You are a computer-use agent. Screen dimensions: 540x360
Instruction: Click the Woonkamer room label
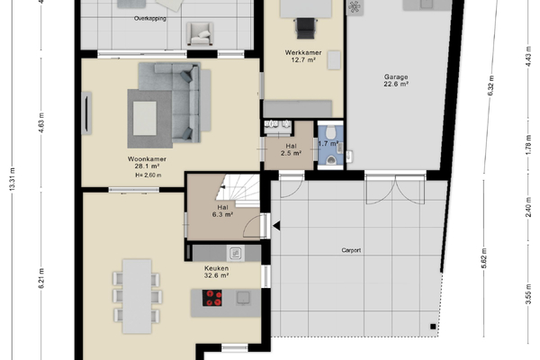tap(147, 159)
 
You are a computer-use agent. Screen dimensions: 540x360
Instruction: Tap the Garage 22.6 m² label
tap(396, 80)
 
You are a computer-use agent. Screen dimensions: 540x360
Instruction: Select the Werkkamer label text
tap(303, 53)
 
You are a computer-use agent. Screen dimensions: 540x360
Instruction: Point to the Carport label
tap(351, 250)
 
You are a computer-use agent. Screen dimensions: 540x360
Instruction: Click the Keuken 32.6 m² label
tap(217, 272)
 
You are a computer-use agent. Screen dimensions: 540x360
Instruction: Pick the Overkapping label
tap(150, 19)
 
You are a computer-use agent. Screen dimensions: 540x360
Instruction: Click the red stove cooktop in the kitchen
tap(211, 298)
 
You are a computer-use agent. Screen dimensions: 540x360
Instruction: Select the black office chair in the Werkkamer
tap(305, 28)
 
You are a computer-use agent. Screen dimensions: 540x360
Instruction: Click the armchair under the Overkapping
tap(200, 34)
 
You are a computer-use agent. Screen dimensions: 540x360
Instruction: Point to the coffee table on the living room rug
tap(145, 118)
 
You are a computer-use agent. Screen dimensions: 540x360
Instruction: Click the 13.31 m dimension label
tap(13, 179)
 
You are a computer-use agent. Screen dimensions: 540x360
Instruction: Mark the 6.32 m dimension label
tap(491, 85)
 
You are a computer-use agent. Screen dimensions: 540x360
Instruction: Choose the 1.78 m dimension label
tap(529, 145)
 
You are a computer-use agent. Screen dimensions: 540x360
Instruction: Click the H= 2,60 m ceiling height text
tap(148, 175)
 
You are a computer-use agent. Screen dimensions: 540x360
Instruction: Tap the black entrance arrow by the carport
tap(276, 226)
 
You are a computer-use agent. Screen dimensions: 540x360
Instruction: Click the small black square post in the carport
tap(433, 327)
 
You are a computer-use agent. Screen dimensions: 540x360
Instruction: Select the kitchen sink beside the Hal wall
tap(236, 254)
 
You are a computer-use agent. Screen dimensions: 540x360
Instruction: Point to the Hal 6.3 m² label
tap(223, 211)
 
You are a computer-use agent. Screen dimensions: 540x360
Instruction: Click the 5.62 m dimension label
tap(484, 258)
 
